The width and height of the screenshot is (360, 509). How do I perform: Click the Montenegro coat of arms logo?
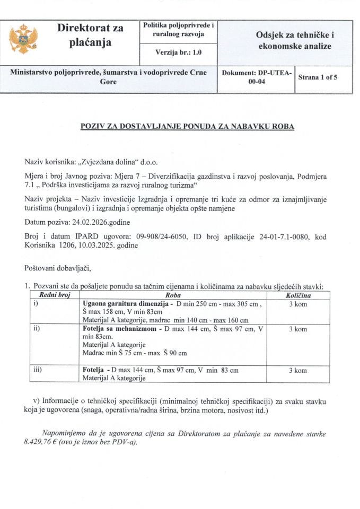tap(24, 39)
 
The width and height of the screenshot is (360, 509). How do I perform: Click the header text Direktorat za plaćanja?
tap(90, 35)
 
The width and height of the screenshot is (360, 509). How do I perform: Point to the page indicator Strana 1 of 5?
tap(318, 77)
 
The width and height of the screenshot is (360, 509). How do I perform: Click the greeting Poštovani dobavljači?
tap(62, 269)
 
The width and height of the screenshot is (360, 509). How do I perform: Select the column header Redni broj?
tap(51, 295)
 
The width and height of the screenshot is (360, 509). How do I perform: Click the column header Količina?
tap(298, 295)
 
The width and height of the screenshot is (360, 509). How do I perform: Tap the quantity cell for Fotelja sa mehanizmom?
tap(298, 329)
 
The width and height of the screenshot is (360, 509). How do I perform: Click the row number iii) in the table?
tap(38, 370)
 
